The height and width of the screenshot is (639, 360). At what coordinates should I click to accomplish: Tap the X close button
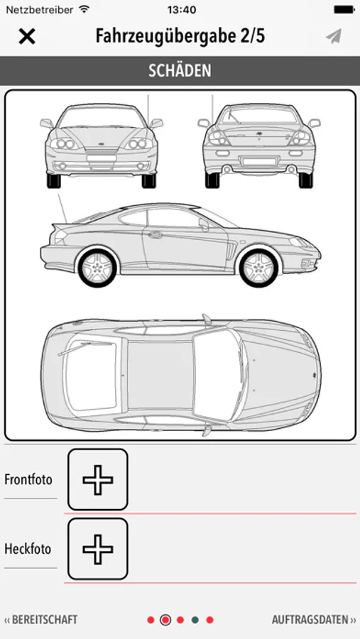tap(27, 37)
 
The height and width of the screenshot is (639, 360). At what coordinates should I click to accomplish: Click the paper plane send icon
tap(334, 37)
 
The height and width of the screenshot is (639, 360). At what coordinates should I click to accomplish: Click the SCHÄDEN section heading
tap(180, 71)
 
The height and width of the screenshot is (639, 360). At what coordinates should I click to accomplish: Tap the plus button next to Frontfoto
tap(98, 479)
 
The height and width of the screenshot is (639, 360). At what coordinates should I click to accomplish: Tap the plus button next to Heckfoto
tap(98, 549)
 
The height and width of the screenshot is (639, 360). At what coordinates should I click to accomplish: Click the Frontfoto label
tap(28, 479)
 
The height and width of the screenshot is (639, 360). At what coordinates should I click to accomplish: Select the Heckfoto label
tap(28, 549)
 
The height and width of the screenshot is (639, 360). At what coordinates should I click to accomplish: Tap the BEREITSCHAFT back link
tap(40, 620)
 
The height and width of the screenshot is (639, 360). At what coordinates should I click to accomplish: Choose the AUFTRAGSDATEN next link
tap(314, 620)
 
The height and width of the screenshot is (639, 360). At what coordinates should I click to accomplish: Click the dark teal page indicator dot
tap(195, 620)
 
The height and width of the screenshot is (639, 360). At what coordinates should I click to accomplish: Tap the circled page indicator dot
tap(165, 620)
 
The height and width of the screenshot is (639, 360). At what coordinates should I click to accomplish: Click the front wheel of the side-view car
tap(259, 267)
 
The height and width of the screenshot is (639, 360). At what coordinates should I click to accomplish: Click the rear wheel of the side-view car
tap(97, 267)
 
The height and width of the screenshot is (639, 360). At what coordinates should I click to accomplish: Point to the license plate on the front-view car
tap(102, 158)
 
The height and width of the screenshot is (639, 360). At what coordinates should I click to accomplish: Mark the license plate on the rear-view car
tap(259, 161)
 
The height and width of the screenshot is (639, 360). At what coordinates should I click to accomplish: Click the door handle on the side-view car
tap(155, 235)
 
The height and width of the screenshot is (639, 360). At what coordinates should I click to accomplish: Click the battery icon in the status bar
tap(344, 9)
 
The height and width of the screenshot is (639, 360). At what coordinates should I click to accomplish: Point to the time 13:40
tap(182, 10)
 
